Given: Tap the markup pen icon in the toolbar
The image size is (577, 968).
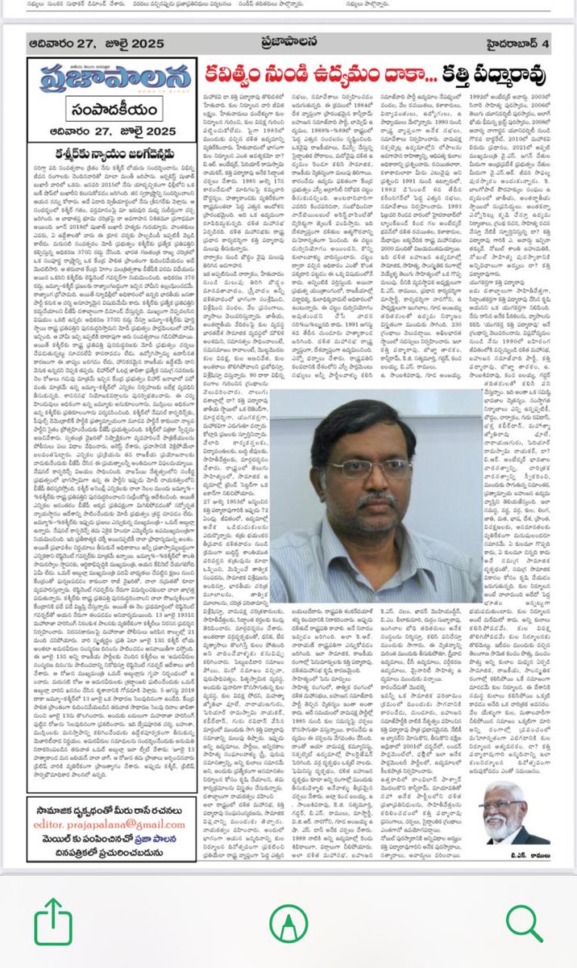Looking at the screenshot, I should click(x=288, y=920).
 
